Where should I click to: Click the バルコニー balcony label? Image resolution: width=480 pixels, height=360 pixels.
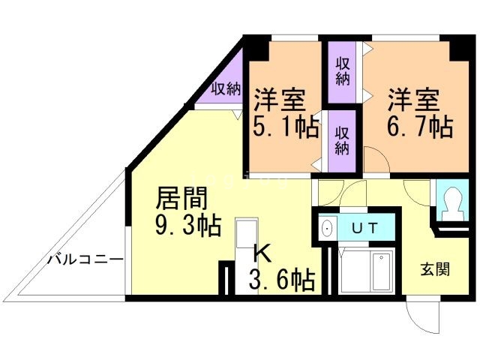click(x=85, y=260)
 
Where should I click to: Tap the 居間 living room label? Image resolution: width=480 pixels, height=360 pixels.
click(x=180, y=199)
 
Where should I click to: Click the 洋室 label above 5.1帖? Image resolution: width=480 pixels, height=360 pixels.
click(x=279, y=97)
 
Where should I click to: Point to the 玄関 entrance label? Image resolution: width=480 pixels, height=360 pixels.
click(x=434, y=268)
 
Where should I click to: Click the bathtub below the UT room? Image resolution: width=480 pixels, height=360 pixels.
click(x=365, y=272)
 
